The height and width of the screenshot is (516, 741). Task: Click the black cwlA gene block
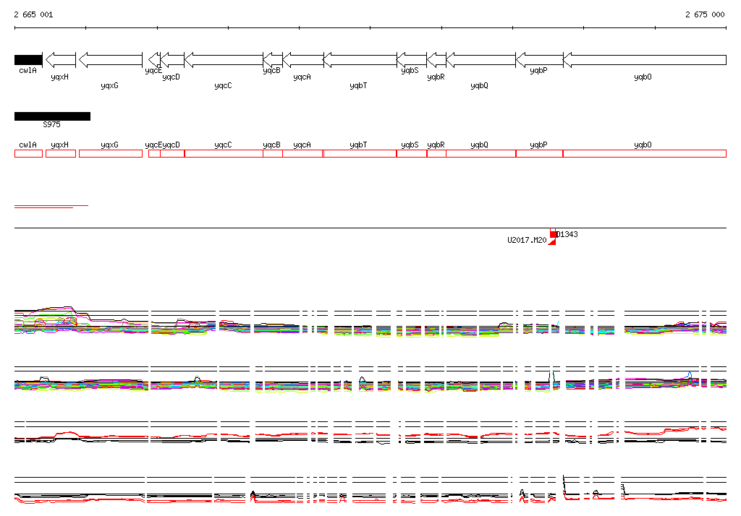point(28,59)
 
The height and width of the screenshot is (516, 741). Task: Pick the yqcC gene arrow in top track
point(224,59)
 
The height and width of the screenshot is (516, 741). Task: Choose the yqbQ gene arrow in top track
point(480,59)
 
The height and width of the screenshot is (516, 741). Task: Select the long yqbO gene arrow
point(644,59)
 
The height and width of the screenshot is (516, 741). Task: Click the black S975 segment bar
point(52,116)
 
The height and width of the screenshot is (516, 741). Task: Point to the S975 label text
point(51,124)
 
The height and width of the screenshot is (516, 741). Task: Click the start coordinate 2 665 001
point(33,14)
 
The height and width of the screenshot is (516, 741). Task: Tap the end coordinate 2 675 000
point(705,14)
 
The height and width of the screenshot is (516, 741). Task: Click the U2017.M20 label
point(527,240)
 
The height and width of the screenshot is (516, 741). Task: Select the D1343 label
point(567,234)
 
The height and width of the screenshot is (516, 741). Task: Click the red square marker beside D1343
point(554,234)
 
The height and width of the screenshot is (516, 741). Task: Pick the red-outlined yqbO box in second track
point(644,153)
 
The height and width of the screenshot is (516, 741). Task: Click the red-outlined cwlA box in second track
point(28,153)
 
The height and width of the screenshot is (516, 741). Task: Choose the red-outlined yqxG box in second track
point(110,153)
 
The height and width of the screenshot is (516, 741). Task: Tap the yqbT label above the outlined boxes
point(358,145)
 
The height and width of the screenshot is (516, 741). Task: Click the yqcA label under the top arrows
point(302,76)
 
